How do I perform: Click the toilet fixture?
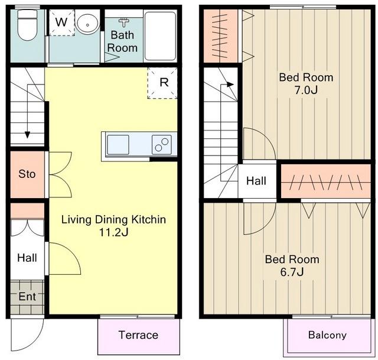28,25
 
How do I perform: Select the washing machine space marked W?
61,22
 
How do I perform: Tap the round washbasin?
87,24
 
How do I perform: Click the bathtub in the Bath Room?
160,35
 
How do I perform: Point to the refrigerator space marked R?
162,83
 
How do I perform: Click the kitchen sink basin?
118,144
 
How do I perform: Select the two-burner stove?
162,144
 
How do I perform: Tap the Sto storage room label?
27,174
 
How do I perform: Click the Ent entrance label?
27,296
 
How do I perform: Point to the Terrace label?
138,335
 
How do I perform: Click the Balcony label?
327,335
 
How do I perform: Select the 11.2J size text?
114,232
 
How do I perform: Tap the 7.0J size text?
306,90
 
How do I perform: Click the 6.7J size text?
292,272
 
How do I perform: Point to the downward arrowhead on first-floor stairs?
28,135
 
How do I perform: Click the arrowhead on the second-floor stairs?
231,85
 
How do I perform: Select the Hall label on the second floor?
256,181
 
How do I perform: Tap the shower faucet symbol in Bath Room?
124,22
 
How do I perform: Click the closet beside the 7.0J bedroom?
221,36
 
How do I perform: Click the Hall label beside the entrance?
27,258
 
